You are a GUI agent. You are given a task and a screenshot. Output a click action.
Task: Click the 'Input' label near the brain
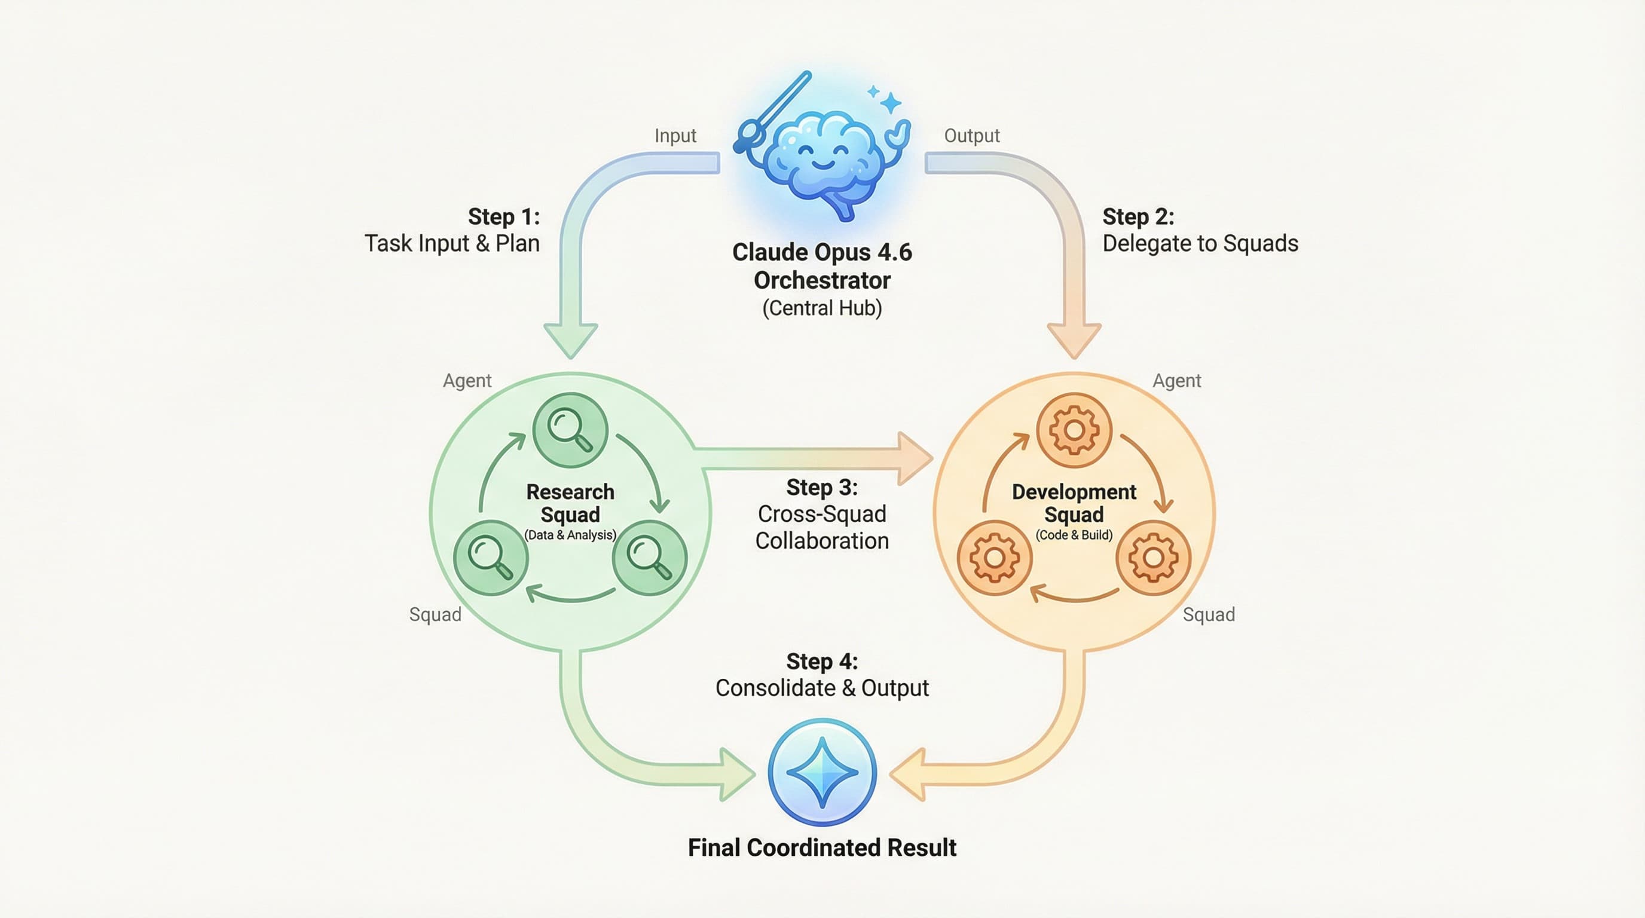pos(675,136)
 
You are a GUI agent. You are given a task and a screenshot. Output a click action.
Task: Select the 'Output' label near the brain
pos(971,136)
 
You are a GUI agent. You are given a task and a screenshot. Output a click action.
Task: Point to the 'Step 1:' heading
pos(504,217)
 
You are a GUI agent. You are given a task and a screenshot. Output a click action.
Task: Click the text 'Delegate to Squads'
pos(1200,244)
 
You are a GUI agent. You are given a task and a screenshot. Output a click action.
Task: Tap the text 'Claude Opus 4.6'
pos(822,253)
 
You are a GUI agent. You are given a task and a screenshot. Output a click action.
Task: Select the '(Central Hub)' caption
pos(822,308)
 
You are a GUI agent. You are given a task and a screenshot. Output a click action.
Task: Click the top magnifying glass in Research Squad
pos(570,430)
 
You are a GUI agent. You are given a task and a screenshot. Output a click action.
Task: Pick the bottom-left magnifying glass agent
pos(490,557)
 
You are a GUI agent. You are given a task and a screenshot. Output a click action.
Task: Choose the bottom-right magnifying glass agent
pos(649,557)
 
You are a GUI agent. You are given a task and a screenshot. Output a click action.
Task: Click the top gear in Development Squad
pos(1074,430)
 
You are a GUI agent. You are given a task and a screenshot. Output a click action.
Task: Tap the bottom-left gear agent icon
pos(994,557)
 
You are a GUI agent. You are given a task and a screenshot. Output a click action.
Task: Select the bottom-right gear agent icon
pos(1153,557)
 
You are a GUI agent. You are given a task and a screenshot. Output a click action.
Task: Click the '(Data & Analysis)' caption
pos(570,535)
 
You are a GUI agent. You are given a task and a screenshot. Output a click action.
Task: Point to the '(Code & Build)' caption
pos(1074,535)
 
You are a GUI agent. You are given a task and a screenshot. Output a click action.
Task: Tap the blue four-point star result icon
pos(822,772)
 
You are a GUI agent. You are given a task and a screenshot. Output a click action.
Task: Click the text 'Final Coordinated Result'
pos(822,848)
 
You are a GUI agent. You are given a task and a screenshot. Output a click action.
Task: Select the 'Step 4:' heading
pos(822,662)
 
